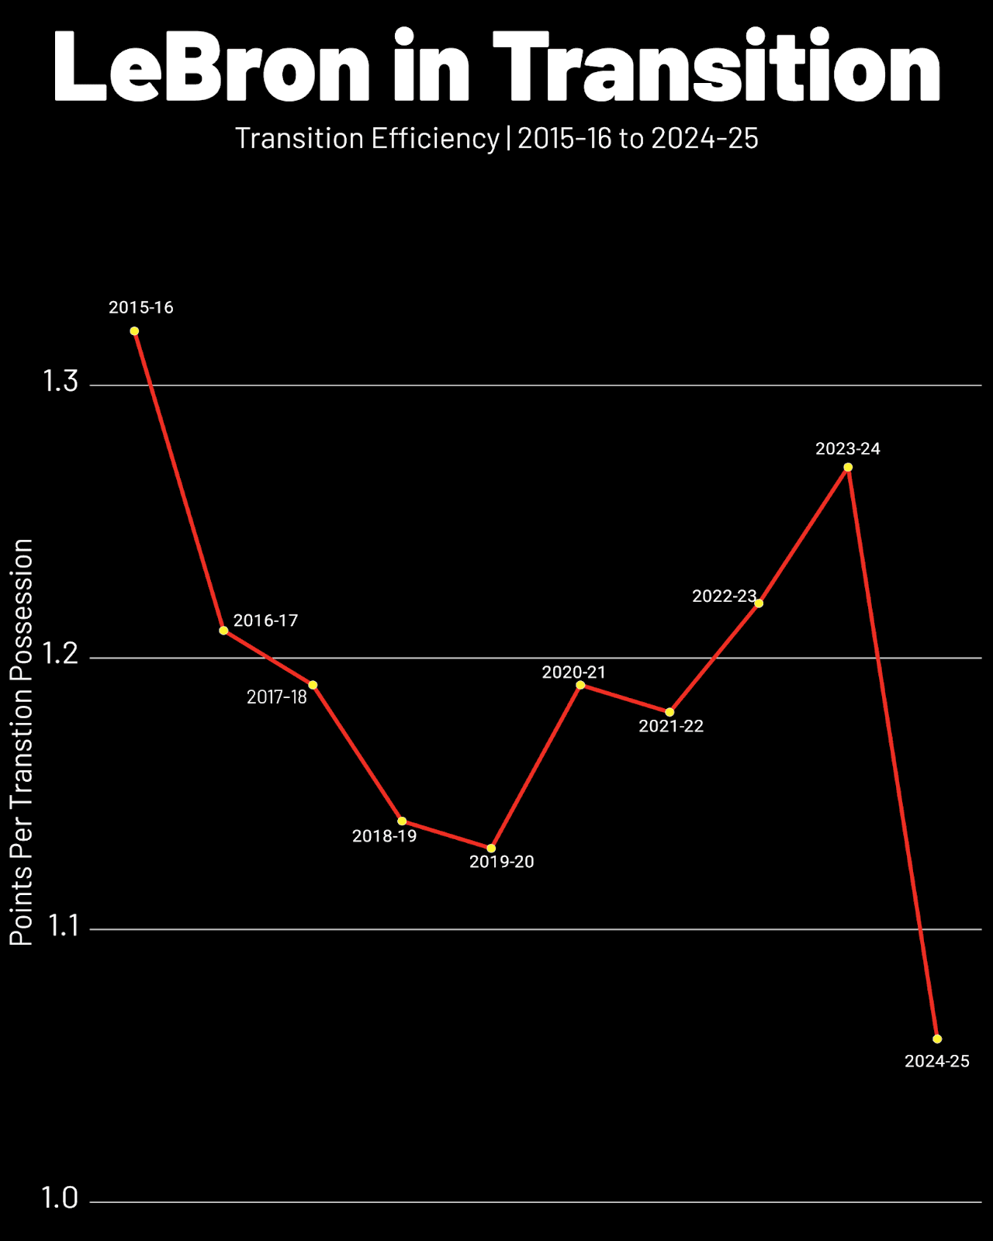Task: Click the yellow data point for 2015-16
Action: (x=134, y=331)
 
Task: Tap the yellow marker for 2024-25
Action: (x=937, y=1039)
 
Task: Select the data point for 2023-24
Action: (x=848, y=467)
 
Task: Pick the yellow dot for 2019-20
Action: (x=491, y=849)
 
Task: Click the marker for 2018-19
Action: (x=402, y=821)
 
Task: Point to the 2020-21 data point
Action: (x=580, y=685)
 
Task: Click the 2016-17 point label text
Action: (x=265, y=620)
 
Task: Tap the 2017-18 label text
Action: (x=276, y=697)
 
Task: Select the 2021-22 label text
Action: (x=671, y=726)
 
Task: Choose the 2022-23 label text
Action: (x=724, y=596)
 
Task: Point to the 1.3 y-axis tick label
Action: (x=60, y=382)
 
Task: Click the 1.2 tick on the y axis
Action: (x=60, y=655)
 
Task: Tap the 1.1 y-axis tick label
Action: (x=61, y=926)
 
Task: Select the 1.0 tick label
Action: (x=60, y=1198)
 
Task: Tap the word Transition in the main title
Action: (x=717, y=68)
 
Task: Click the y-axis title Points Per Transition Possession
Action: (x=22, y=741)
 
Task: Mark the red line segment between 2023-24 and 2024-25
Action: (x=892, y=752)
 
